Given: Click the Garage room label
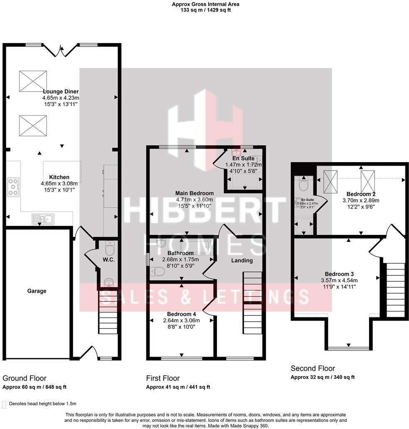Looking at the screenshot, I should point(37,291).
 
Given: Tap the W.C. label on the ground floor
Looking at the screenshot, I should point(108,260).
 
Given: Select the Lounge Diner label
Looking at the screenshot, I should point(60,91).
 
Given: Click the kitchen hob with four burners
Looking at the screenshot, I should point(13,187).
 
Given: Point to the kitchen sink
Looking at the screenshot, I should point(42,218).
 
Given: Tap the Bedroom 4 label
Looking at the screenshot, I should point(181,314).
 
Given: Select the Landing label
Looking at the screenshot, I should point(242,261).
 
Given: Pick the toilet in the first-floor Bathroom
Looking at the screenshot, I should point(158,271).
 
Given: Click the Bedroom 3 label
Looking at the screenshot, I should point(339,274).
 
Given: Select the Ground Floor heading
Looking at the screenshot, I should point(25,378).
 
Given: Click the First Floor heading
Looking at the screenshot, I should point(163,378).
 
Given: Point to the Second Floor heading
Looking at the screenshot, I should point(313,368).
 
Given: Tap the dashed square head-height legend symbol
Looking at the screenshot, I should point(4,404).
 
